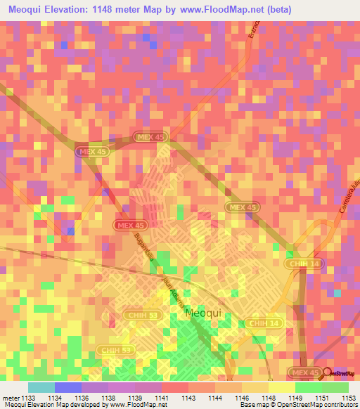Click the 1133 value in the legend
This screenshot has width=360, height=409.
tap(29, 398)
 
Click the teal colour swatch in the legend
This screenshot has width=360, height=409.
tap(41, 387)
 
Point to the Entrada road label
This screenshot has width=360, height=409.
tap(255, 32)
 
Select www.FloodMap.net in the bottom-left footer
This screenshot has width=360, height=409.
tap(133, 405)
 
